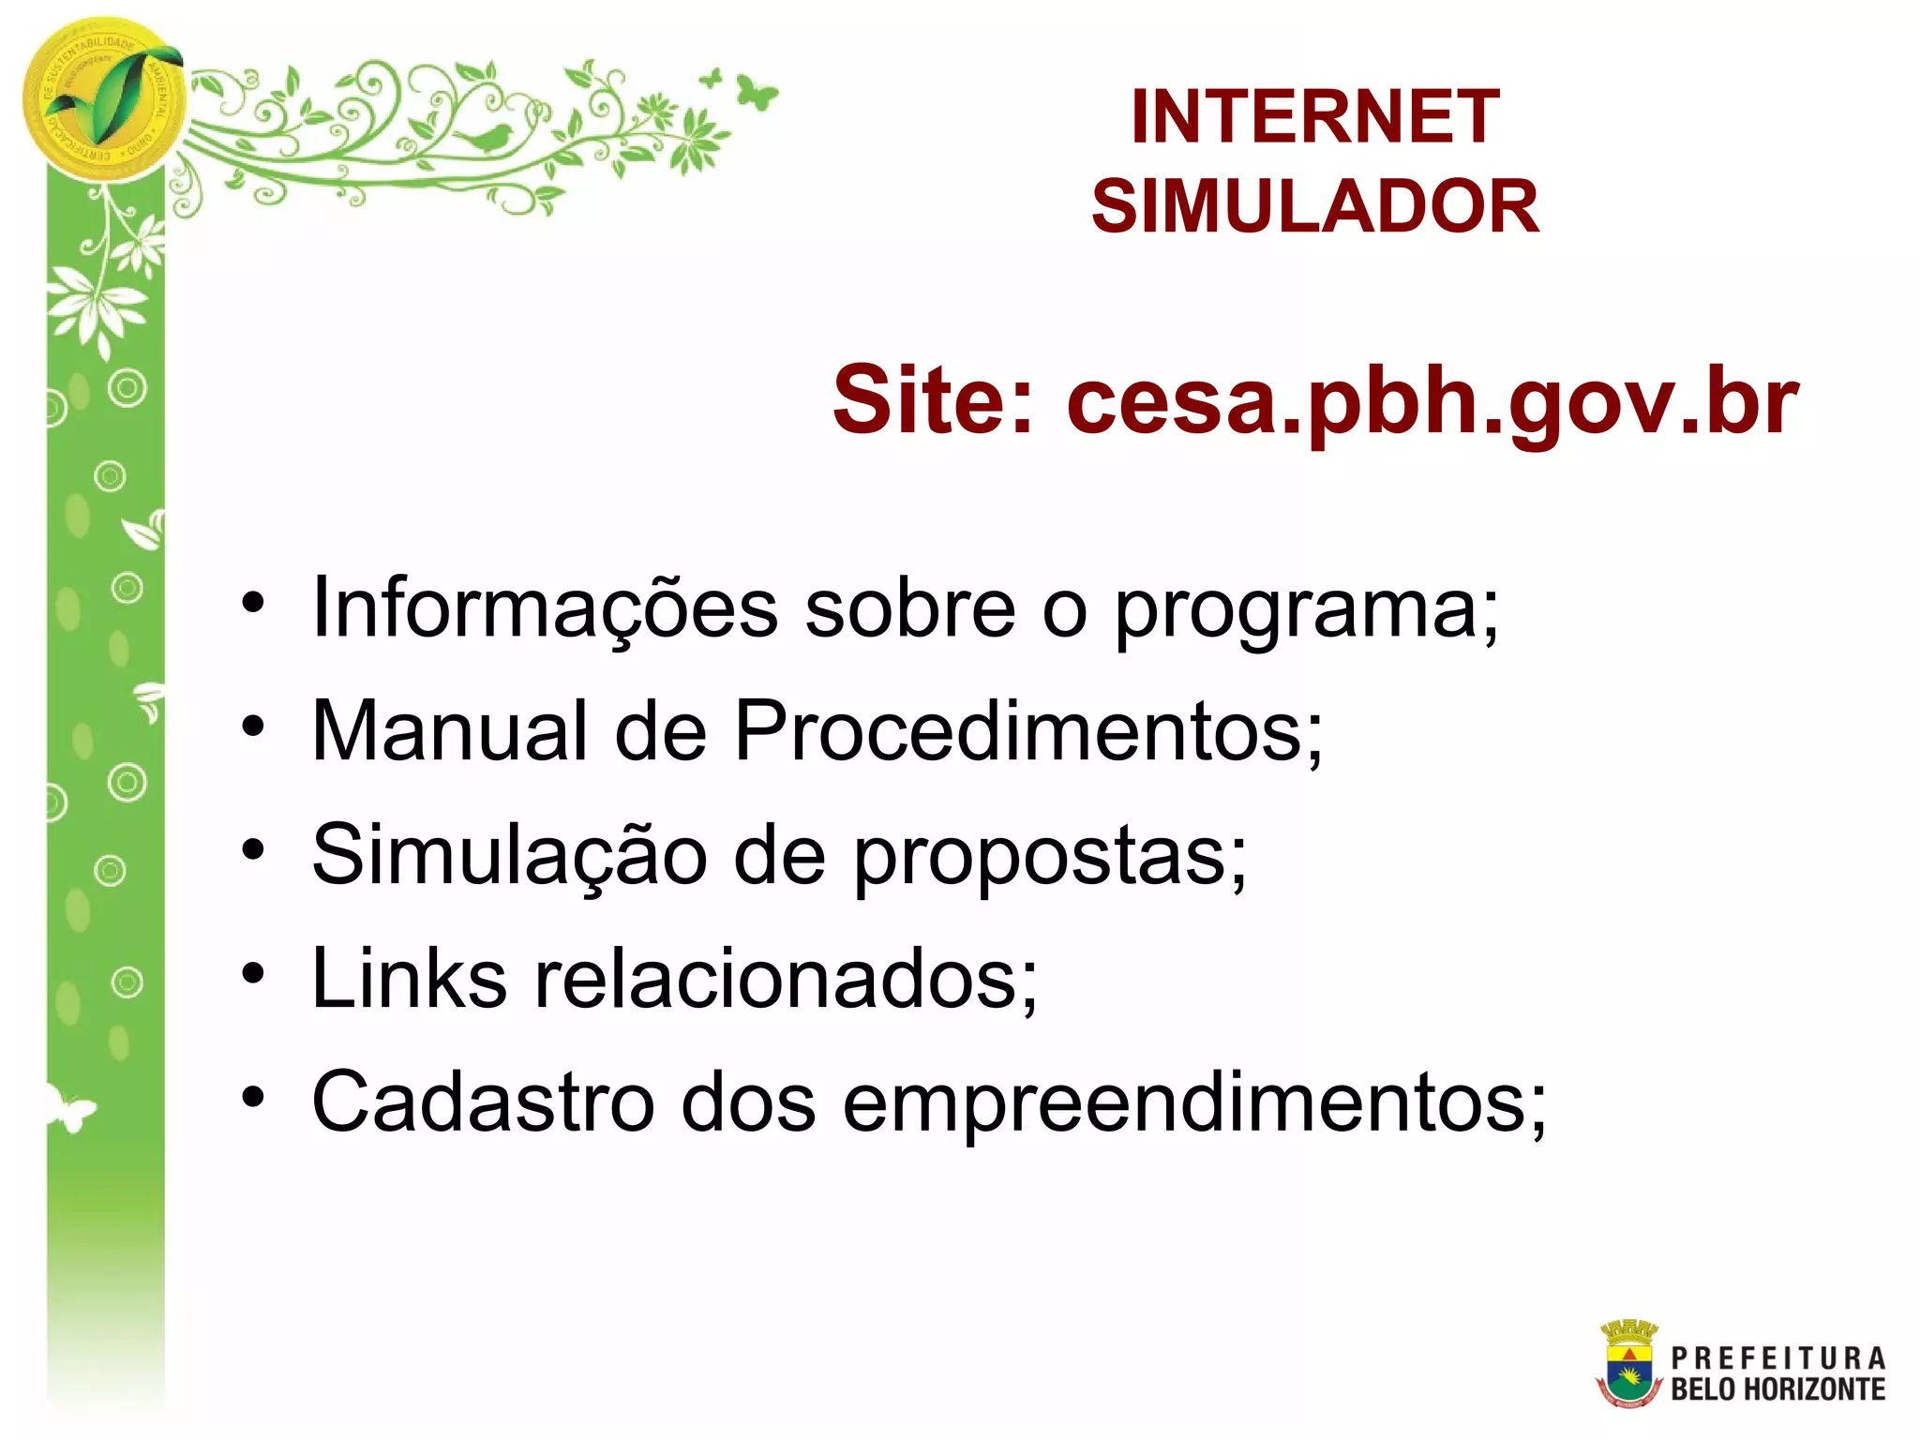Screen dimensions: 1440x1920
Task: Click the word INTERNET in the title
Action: click(1314, 117)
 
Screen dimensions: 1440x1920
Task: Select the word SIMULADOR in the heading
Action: click(1314, 207)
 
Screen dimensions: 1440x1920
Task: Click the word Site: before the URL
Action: click(934, 401)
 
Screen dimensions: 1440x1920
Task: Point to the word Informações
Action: click(544, 609)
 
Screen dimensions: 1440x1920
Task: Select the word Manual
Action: click(449, 731)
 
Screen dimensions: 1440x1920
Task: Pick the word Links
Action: click(409, 979)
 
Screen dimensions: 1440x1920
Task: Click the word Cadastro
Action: click(483, 1102)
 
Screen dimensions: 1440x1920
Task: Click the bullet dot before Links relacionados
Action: click(253, 974)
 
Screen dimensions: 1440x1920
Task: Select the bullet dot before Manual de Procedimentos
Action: click(253, 727)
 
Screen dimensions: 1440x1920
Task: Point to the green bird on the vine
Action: click(485, 140)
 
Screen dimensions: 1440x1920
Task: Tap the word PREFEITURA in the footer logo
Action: click(1777, 1357)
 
